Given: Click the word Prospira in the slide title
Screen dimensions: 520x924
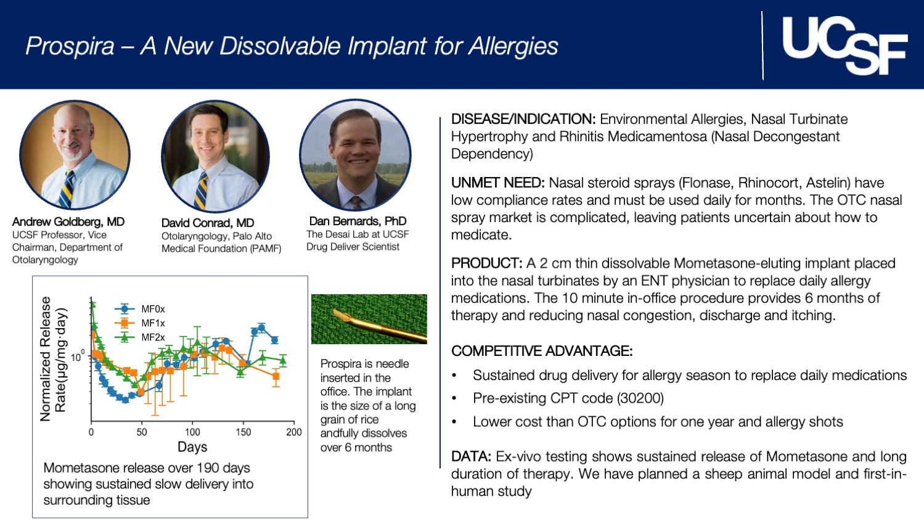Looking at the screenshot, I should coord(70,46).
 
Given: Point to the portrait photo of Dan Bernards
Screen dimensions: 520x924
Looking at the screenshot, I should coord(356,155).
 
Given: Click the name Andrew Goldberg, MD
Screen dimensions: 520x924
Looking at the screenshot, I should coord(68,221).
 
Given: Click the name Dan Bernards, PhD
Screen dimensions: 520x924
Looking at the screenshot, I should coord(358,221).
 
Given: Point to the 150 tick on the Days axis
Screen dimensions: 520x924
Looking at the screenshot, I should coord(243,432).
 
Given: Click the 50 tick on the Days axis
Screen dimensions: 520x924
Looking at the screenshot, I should coord(142,432).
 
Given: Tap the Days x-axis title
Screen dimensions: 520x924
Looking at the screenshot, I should coord(192,447).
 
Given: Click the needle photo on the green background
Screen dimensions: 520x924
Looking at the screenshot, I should coord(369,319).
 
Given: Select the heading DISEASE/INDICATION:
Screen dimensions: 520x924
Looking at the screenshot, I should coord(523,119).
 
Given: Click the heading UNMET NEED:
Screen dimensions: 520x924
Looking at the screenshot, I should coord(497,183).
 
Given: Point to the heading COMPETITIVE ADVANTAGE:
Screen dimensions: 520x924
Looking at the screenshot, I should coord(542,351).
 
